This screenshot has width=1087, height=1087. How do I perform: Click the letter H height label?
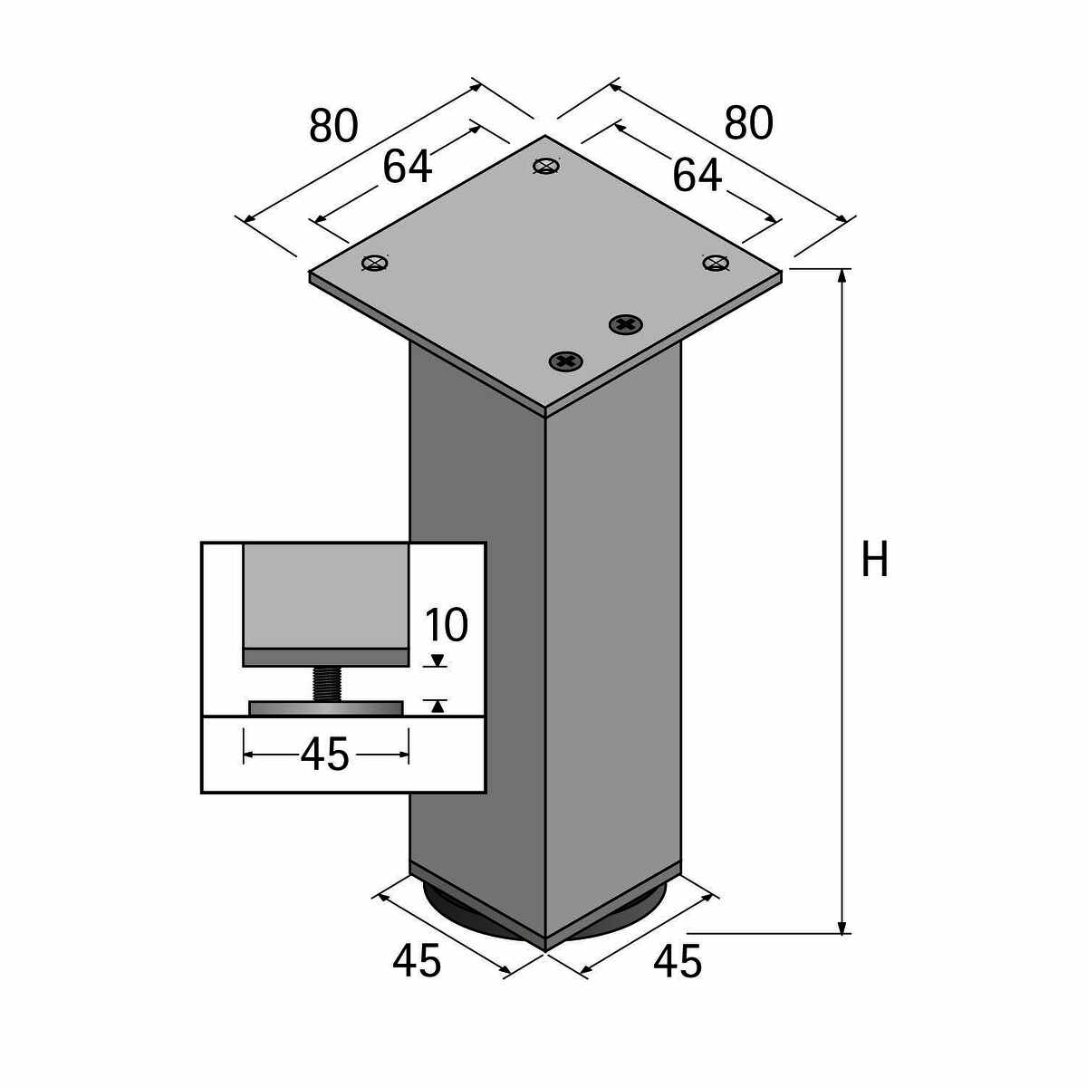[x=874, y=560]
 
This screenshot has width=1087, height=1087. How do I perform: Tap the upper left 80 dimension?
[x=333, y=126]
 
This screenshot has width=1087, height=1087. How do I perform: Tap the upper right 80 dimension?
[x=748, y=123]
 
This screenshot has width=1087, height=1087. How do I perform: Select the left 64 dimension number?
[x=407, y=167]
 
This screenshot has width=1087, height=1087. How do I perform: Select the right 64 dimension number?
[x=697, y=176]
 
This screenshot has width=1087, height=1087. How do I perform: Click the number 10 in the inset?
[x=446, y=625]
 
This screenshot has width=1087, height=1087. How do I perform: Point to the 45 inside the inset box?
[x=324, y=755]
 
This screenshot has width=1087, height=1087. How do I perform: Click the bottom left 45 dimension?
[x=417, y=961]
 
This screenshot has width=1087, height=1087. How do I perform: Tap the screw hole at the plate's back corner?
[x=545, y=166]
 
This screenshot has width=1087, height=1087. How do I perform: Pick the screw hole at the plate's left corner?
[x=374, y=264]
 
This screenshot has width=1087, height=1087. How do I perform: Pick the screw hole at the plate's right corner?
[x=716, y=263]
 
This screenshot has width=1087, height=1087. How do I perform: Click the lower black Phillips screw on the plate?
[x=566, y=361]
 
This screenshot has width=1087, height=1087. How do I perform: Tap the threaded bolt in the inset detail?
[x=326, y=683]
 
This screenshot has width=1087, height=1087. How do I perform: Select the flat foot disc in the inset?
[x=325, y=707]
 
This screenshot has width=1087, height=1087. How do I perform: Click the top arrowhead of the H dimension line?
[x=843, y=277]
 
